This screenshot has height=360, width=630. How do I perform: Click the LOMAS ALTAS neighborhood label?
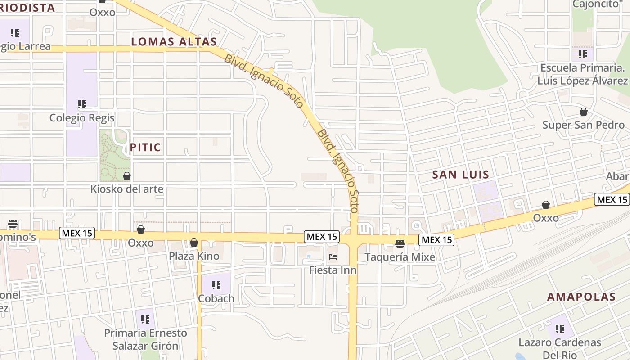point(174,42)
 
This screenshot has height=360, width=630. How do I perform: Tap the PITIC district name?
point(145,147)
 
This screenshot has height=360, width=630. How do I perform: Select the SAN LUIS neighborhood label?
point(460,175)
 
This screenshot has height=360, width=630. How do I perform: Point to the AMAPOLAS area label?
point(581,297)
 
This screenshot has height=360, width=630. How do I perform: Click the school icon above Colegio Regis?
point(82,105)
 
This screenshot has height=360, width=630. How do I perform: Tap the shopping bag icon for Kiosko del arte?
point(127,176)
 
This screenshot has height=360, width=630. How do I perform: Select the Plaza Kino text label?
point(194,256)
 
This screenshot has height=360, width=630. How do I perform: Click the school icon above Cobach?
point(216,285)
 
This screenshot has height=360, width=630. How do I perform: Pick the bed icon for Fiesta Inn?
point(333,257)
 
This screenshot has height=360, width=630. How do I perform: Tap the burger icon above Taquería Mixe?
point(400,244)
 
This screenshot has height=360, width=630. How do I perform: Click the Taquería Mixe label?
point(400,257)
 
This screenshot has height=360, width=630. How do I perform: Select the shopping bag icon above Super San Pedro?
point(584,112)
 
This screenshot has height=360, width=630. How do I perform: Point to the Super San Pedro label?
point(583,125)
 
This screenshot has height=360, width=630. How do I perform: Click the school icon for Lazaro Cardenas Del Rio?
point(560,329)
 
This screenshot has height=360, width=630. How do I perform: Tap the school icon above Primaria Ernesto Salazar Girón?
point(145,319)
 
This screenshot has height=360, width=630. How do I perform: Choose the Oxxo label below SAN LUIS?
point(546,218)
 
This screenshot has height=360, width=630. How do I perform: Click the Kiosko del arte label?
point(127,189)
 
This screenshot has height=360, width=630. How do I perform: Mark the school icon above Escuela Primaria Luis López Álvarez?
point(583,54)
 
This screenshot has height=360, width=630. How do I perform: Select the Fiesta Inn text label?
point(333,270)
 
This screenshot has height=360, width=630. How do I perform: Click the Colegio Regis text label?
point(82,118)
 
